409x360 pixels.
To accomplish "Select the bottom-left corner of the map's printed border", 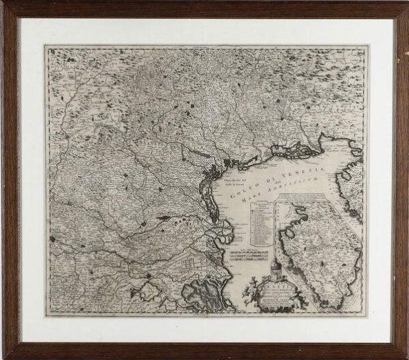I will [48, 314].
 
